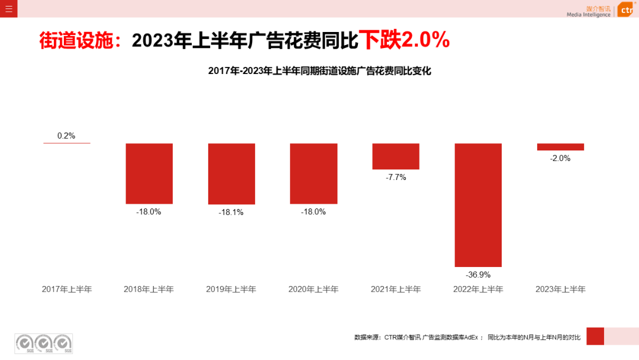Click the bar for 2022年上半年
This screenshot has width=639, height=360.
click(478, 205)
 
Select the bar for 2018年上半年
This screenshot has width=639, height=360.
click(149, 173)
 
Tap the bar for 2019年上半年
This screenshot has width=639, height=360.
click(231, 173)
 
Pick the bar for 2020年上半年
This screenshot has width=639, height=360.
click(314, 173)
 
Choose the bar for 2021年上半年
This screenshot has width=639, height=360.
click(396, 156)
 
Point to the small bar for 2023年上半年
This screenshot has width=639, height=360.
click(560, 147)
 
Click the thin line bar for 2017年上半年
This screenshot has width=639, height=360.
click(67, 143)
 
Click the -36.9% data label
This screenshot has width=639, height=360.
click(478, 274)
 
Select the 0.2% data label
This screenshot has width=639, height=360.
click(66, 136)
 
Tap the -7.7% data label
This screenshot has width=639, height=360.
click(396, 177)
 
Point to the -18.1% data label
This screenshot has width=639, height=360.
click(231, 212)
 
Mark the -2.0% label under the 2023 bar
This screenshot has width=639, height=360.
click(560, 158)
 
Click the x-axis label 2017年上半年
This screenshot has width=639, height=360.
click(67, 290)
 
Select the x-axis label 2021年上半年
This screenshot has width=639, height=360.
click(396, 290)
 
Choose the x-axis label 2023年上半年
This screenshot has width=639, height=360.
click(560, 290)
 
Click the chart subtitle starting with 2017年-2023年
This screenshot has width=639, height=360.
click(319, 71)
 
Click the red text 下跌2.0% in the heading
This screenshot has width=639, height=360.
click(405, 40)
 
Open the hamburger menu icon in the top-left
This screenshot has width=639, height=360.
click(9, 9)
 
